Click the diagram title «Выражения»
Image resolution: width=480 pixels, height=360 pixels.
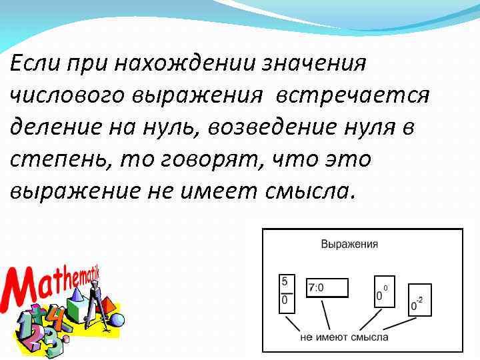click(349, 244)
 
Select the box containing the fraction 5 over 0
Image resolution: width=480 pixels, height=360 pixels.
click(285, 291)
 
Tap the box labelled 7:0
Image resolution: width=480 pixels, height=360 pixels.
click(327, 287)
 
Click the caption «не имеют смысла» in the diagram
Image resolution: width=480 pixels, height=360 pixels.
click(344, 337)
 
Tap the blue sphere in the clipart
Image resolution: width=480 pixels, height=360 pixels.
click(116, 319)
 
